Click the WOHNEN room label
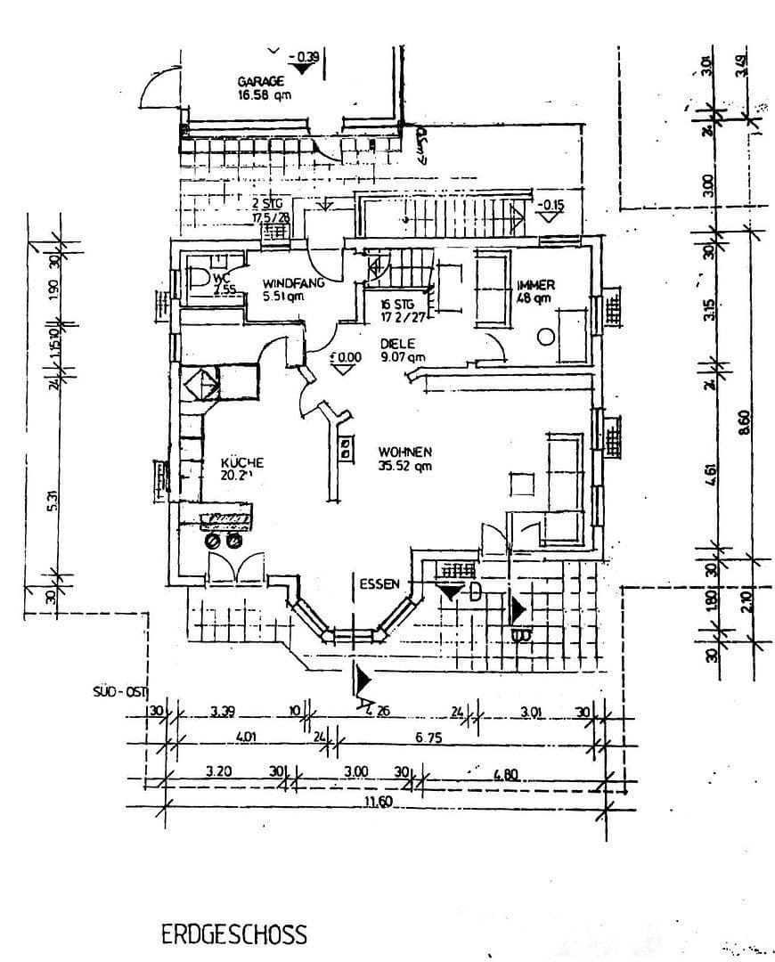(x=404, y=451)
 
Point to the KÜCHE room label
(x=241, y=462)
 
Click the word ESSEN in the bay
(x=379, y=584)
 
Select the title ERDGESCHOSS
(x=234, y=934)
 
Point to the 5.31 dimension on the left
(x=53, y=502)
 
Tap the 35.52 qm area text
(x=404, y=466)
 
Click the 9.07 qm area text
(x=403, y=356)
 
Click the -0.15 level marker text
(x=551, y=204)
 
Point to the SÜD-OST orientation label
(x=118, y=691)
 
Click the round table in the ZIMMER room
(x=545, y=337)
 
